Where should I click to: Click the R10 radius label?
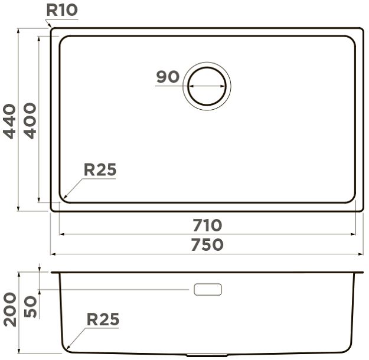62,11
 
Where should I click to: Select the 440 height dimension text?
9,121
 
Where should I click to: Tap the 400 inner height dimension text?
30,121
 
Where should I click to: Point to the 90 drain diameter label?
168,77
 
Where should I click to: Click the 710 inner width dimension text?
207,225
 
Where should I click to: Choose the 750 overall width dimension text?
207,244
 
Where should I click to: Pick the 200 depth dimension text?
10,309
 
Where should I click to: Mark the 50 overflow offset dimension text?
31,306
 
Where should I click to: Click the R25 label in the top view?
100,169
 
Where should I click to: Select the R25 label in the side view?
103,319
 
